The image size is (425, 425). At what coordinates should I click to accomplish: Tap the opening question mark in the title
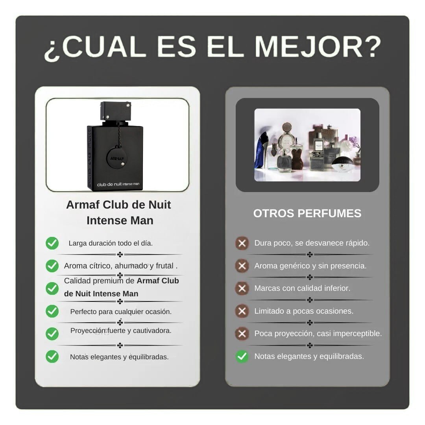[x=52, y=50]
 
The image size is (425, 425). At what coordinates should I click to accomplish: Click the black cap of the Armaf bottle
[x=116, y=111]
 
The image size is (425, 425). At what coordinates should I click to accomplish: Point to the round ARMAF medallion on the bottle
[x=117, y=158]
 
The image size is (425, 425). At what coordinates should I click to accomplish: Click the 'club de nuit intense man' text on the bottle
[x=118, y=184]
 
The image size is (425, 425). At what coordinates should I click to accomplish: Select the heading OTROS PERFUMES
[x=307, y=213]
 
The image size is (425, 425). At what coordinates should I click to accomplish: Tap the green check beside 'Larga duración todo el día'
[x=52, y=243]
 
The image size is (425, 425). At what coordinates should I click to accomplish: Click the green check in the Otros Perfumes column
[x=242, y=356]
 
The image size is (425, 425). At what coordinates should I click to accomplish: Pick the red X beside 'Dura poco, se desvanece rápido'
[x=242, y=243]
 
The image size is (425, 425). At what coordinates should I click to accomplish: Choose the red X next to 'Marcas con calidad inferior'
[x=242, y=288]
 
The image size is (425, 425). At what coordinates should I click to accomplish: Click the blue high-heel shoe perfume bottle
[x=261, y=150]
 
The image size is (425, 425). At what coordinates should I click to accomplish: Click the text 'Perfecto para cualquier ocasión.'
[x=121, y=312]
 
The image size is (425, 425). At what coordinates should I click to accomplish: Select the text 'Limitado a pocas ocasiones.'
[x=304, y=311]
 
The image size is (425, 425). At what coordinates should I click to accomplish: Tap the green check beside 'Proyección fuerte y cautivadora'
[x=52, y=334]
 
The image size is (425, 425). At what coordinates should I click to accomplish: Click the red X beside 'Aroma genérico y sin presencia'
[x=242, y=266]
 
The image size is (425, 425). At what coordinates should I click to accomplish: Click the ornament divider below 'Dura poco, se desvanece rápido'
[x=310, y=255]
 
